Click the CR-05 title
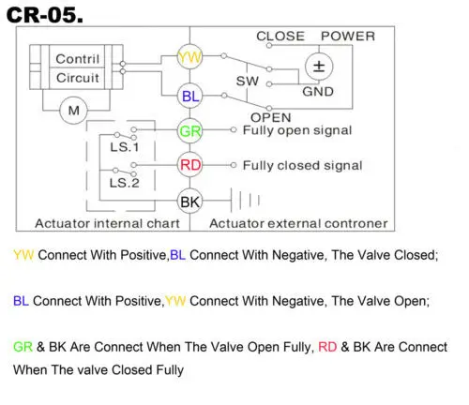tap(45, 15)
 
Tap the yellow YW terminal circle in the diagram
tap(189, 57)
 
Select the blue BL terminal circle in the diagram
tap(189, 96)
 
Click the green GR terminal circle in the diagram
tap(189, 131)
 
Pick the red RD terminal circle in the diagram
tap(189, 165)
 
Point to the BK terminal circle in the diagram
tap(189, 202)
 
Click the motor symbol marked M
tap(74, 111)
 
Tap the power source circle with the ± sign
tap(319, 67)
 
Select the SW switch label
tap(248, 82)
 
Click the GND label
tap(318, 92)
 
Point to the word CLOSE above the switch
tap(280, 37)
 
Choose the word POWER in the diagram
tap(348, 37)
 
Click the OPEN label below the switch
tap(271, 117)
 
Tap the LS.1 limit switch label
tap(124, 147)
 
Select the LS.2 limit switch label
tap(124, 183)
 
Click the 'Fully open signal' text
tap(297, 130)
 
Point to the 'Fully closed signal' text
tap(302, 166)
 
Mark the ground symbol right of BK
tap(245, 200)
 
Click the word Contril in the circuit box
tap(78, 59)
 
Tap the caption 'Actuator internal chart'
tap(107, 223)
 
